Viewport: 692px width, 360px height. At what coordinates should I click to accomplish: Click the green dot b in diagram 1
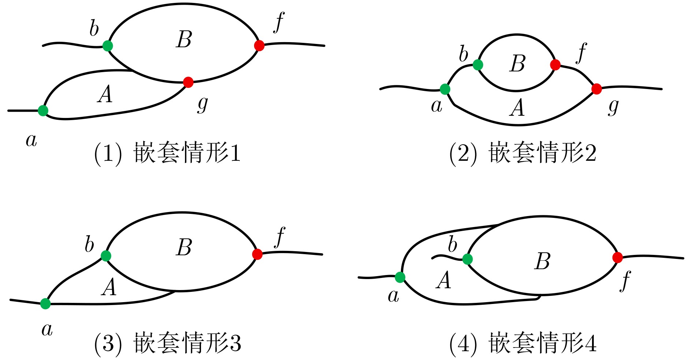[108, 46]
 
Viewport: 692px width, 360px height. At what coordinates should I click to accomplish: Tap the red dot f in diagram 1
[259, 45]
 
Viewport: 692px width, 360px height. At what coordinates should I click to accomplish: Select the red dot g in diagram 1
[188, 82]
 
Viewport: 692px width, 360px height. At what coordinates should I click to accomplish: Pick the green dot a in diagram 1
[43, 110]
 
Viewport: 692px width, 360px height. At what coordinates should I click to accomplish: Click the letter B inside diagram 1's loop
[184, 40]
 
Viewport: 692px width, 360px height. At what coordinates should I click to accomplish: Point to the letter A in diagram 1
[105, 94]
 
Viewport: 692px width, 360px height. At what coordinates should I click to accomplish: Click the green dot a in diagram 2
[445, 89]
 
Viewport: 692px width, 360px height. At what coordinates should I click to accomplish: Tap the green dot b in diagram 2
[478, 65]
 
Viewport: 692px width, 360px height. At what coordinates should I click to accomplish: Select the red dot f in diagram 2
[555, 65]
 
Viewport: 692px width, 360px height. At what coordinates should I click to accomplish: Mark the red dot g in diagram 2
[596, 89]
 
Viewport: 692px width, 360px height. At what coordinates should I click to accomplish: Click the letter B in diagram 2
[517, 63]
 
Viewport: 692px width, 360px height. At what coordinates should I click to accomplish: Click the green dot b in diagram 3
[106, 256]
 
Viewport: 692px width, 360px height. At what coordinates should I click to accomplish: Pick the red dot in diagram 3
[257, 254]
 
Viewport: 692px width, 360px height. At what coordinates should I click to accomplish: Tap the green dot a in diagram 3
[45, 304]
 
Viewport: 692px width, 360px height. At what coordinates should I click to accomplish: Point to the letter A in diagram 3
[109, 287]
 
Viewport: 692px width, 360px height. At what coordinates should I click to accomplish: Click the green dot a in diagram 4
[400, 277]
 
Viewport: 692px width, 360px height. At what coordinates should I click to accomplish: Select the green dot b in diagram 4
[468, 259]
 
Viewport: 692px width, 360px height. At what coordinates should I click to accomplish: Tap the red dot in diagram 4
[617, 257]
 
